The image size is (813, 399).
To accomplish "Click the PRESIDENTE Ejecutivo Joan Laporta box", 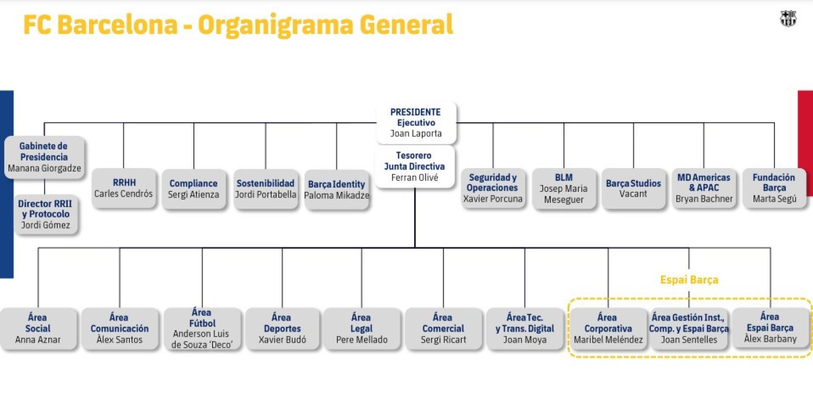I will pyautogui.click(x=416, y=123).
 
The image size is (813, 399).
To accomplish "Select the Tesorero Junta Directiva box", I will pyautogui.click(x=414, y=167).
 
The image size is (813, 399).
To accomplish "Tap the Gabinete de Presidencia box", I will pyautogui.click(x=44, y=157).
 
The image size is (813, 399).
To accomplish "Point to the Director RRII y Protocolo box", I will pyautogui.click(x=45, y=214).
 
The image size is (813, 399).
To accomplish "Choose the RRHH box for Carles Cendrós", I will pyautogui.click(x=123, y=189).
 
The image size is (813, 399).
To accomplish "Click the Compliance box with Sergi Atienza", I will pyautogui.click(x=193, y=189).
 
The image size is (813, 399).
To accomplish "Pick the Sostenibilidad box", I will pyautogui.click(x=265, y=189).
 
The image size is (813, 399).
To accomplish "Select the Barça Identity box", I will pyautogui.click(x=336, y=189).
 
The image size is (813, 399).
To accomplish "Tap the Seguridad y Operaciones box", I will pyautogui.click(x=493, y=188).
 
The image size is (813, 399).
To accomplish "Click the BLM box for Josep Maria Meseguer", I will pyautogui.click(x=563, y=189).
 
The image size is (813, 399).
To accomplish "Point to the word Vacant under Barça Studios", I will pyautogui.click(x=633, y=194).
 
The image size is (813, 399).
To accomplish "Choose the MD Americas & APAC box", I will pyautogui.click(x=704, y=188).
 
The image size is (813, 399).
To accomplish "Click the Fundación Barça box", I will pyautogui.click(x=774, y=188).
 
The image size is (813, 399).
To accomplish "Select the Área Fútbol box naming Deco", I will pyautogui.click(x=202, y=328).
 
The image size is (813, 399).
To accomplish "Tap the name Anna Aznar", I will pyautogui.click(x=38, y=340).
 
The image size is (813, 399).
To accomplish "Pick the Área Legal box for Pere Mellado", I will pyautogui.click(x=362, y=328).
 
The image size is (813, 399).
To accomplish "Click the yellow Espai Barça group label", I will pyautogui.click(x=689, y=280).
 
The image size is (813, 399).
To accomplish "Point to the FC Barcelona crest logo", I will pyautogui.click(x=788, y=18).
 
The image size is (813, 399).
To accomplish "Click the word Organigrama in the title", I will pyautogui.click(x=275, y=25).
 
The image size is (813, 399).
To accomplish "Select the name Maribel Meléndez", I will pyautogui.click(x=608, y=340).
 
